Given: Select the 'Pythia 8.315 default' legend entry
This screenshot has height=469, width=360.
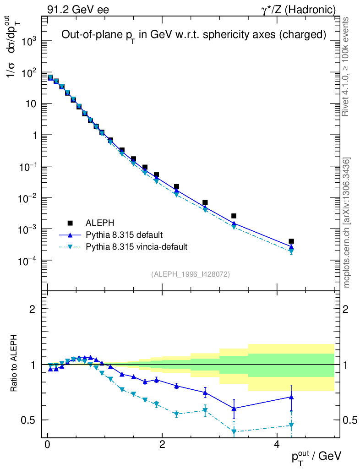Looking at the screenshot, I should tap(124, 235).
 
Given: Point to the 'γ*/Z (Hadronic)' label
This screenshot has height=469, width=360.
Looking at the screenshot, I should tap(299, 10).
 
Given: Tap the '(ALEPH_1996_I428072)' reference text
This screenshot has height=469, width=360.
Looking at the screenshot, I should tap(190, 274).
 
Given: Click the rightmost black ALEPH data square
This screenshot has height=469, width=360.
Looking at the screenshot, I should tap(291, 241).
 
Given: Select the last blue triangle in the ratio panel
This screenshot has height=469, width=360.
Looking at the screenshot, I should tap(291, 397).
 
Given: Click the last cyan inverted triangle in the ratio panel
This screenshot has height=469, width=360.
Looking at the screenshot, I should tap(291, 425).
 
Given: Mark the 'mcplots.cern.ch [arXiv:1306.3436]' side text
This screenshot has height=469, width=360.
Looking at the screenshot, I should tap(347, 223).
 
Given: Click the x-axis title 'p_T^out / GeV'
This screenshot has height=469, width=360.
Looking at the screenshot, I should tap(316, 456).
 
